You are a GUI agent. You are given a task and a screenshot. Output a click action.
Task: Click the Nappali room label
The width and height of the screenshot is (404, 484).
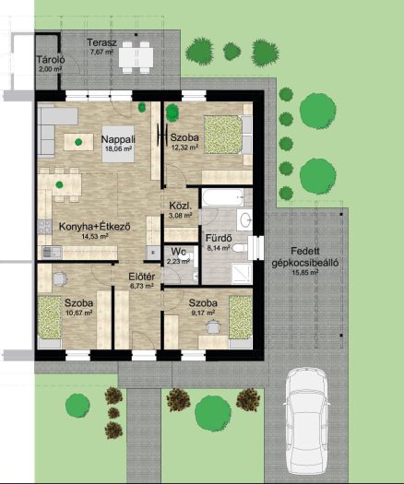click(118, 139)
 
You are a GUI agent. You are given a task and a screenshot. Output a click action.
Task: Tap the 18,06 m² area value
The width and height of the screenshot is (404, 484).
click(119, 148)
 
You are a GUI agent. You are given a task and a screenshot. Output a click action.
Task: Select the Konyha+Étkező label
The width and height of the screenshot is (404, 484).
click(95, 227)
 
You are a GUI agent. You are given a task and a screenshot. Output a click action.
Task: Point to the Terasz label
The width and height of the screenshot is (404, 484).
click(102, 42)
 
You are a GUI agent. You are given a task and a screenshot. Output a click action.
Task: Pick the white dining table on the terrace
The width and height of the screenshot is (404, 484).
click(137, 57)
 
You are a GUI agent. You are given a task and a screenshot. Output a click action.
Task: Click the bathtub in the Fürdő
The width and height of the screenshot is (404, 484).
click(223, 197)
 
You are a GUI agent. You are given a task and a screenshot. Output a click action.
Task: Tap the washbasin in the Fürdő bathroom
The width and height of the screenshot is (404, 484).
click(246, 219)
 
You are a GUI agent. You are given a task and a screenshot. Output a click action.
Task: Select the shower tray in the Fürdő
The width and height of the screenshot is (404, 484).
click(242, 273)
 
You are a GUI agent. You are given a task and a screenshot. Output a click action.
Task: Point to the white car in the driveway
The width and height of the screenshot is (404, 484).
click(307, 421)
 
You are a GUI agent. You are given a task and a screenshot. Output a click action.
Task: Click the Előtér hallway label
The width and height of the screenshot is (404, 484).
click(142, 277)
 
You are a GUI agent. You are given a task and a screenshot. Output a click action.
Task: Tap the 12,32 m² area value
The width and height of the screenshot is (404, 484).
click(184, 148)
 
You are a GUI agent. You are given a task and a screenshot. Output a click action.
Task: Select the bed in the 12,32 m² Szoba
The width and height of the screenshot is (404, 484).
click(228, 135)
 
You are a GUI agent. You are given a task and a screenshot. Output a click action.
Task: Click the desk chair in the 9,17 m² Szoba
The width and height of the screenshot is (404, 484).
click(213, 327)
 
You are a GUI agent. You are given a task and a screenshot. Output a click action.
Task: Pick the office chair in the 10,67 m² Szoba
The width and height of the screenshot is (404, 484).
click(60, 278)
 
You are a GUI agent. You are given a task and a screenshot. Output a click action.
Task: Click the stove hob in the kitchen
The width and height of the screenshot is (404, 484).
click(45, 227)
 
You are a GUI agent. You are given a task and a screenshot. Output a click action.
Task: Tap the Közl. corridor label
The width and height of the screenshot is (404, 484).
click(181, 206)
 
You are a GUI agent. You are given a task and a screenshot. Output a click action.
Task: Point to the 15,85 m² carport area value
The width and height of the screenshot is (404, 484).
click(305, 273)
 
